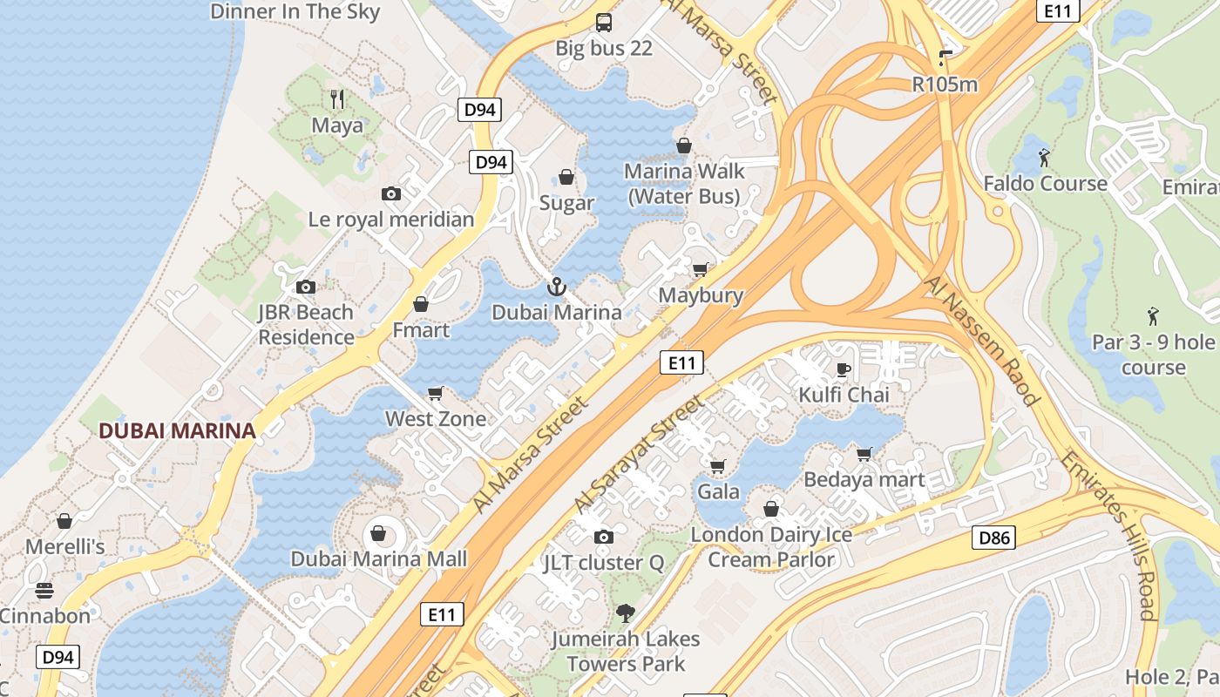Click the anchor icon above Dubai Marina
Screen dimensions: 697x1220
click(x=556, y=286)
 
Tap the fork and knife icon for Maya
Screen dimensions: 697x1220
click(x=337, y=98)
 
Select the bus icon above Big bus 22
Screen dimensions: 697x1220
click(x=603, y=22)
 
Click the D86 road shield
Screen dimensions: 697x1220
click(x=993, y=538)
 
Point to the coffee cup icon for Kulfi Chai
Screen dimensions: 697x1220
click(x=843, y=369)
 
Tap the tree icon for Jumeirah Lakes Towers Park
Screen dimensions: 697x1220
click(x=625, y=613)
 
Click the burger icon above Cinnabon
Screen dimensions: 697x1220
click(x=44, y=591)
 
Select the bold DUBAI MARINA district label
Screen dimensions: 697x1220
click(x=177, y=430)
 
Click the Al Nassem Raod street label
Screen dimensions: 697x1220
click(x=982, y=341)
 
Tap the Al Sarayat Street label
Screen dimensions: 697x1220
click(x=639, y=454)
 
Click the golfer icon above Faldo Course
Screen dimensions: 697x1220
click(x=1044, y=158)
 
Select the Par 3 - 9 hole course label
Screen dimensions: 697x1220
click(x=1153, y=354)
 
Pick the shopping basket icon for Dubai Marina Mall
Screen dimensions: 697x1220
click(x=379, y=532)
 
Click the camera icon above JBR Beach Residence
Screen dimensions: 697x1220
click(x=305, y=287)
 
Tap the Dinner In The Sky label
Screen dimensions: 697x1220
click(x=295, y=11)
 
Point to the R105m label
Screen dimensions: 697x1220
click(x=945, y=85)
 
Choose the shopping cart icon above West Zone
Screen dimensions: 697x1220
click(x=436, y=393)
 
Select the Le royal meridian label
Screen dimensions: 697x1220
click(x=391, y=220)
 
